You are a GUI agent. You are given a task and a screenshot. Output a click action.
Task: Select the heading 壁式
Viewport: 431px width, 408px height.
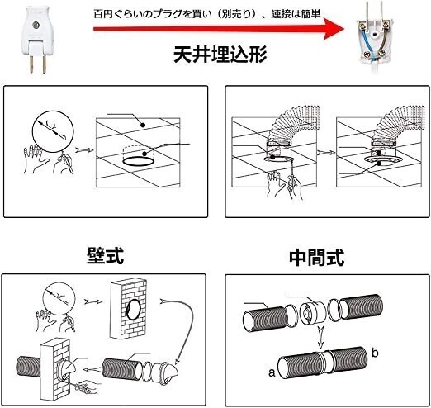click(104, 254)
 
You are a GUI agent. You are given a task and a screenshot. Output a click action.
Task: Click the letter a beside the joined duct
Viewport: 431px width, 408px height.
click(271, 372)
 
